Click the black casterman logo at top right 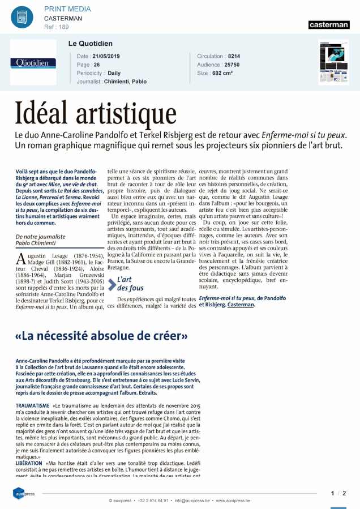[x=329, y=25]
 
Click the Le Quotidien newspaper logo [x=33, y=63]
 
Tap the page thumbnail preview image [x=334, y=62]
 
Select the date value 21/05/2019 [x=107, y=57]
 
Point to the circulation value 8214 [x=234, y=57]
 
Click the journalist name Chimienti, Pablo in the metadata [x=125, y=82]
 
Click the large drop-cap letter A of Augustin [x=21, y=259]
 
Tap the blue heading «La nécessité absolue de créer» [x=101, y=336]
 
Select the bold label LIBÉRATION [x=28, y=463]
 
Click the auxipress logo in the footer [x=24, y=494]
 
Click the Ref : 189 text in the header [x=57, y=27]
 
